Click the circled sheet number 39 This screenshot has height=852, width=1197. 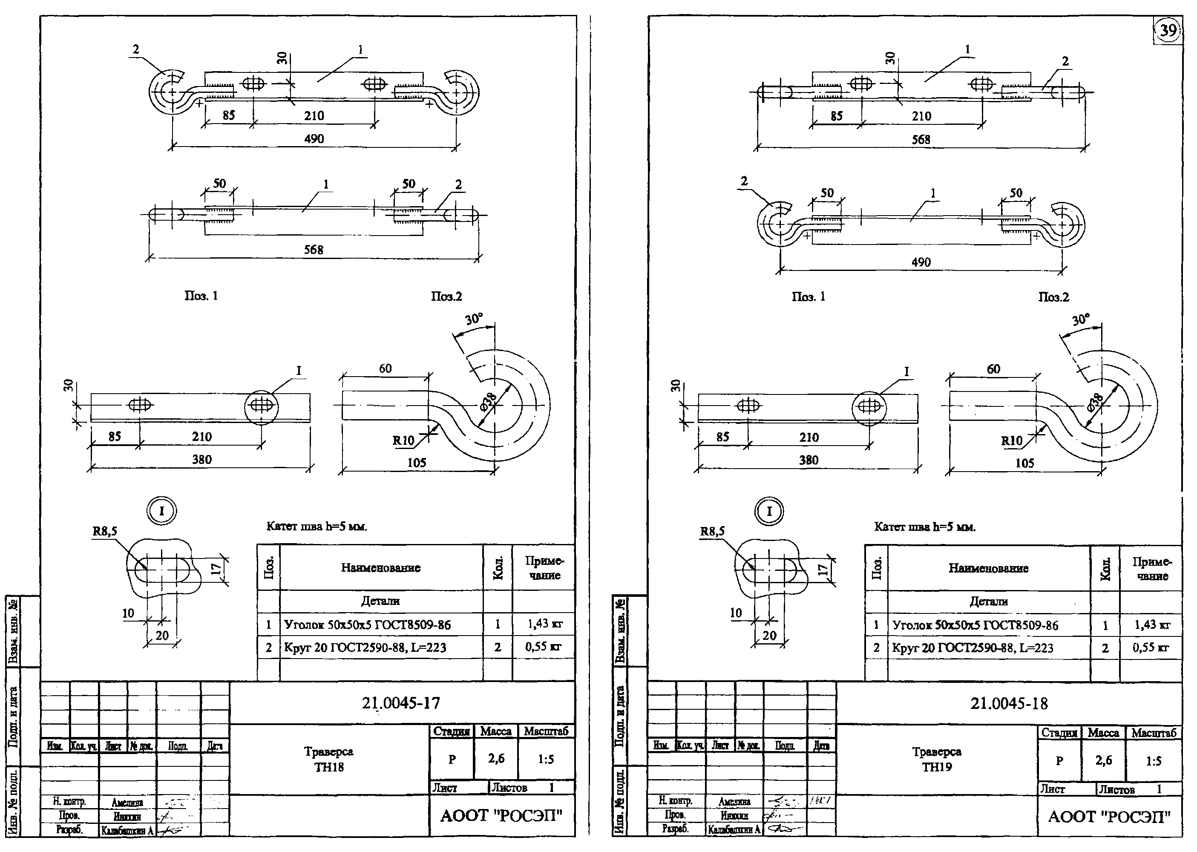point(1168,30)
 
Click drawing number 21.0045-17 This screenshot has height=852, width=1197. point(401,703)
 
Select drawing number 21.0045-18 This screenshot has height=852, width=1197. point(1009,703)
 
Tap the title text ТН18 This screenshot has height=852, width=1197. point(329,766)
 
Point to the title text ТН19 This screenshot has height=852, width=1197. point(936,767)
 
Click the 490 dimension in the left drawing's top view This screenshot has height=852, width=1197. point(314,139)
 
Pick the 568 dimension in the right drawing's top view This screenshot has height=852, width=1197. point(921,140)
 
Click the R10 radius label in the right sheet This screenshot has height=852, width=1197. point(1011,440)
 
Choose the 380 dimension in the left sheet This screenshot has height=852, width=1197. point(201,460)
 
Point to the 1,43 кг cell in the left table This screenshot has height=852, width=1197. point(544,624)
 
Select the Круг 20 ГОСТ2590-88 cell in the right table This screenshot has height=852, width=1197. point(973,648)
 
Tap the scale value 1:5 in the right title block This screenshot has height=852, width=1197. point(1154,761)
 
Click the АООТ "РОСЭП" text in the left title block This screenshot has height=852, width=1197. point(501,816)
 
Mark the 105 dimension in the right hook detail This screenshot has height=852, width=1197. point(1024,463)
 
